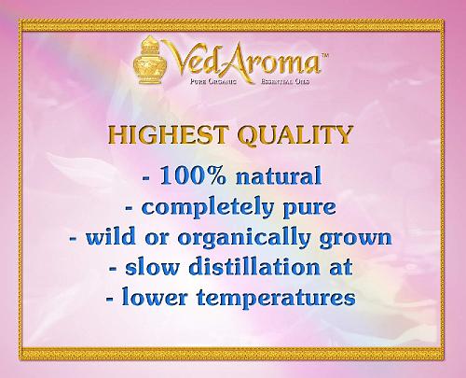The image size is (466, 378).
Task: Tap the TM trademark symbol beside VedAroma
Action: point(324,55)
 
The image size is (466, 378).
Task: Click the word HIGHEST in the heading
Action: point(168,135)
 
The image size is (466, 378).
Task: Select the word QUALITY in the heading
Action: point(295,135)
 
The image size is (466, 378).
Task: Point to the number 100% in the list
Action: point(193,175)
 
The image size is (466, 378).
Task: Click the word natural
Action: point(279,176)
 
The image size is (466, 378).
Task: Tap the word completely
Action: point(207,207)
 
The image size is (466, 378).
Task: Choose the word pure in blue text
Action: point(309,209)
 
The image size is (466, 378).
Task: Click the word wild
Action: point(110,236)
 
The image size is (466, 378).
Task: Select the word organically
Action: point(244,238)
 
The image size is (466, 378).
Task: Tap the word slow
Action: point(152,268)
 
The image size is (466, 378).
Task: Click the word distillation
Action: point(254,267)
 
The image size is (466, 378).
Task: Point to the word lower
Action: point(155,297)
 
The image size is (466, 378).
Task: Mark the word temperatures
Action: point(276,298)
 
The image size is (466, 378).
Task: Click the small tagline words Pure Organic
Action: point(213,81)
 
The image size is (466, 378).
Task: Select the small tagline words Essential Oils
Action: point(285,81)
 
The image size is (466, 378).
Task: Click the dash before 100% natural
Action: point(145,178)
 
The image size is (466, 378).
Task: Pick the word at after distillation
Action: point(341,268)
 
